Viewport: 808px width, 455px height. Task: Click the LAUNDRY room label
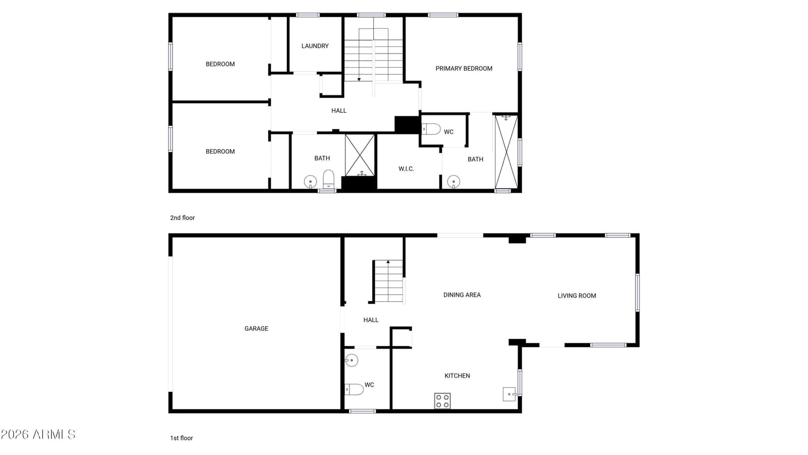pos(315,46)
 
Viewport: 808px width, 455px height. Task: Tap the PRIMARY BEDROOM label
pos(464,69)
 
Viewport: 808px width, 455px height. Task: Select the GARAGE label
pos(256,329)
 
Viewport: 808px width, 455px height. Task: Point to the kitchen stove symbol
pos(442,401)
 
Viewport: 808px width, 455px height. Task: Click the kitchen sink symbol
pos(510,394)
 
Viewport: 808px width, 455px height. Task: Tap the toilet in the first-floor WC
pos(354,389)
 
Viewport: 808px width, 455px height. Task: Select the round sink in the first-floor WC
pos(351,360)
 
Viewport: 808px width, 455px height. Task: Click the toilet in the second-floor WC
pos(431,129)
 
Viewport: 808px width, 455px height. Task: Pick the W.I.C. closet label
pos(406,169)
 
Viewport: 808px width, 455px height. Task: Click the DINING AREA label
pos(462,295)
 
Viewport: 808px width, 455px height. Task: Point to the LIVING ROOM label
pos(577,296)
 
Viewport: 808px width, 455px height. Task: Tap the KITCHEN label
pos(457,376)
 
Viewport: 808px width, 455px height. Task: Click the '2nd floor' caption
pos(182,218)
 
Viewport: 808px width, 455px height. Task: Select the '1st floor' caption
pos(181,438)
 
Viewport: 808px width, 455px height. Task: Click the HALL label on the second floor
pos(339,111)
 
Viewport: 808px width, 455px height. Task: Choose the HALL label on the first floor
pos(371,320)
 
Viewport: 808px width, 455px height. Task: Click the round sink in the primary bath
pos(453,181)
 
